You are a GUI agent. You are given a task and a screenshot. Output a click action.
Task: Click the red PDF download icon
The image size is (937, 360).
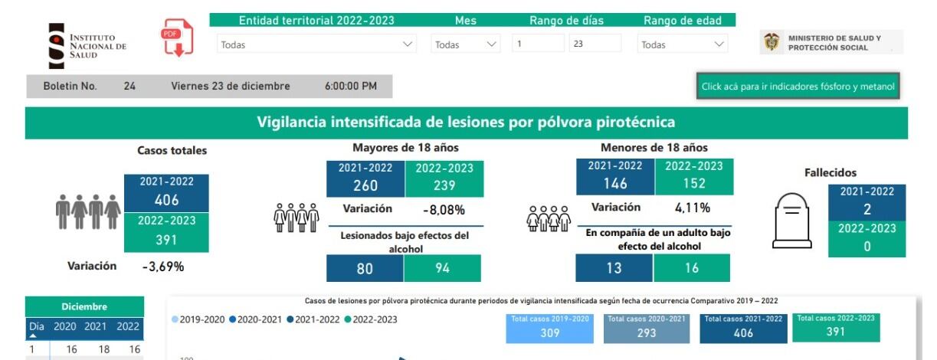click(177, 38)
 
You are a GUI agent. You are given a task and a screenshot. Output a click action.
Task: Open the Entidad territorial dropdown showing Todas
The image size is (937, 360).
click(316, 44)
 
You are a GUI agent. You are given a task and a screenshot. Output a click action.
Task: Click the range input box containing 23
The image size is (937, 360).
click(595, 44)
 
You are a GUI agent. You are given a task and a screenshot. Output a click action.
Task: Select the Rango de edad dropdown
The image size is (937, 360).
click(682, 44)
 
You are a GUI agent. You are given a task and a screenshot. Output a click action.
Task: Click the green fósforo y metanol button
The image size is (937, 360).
click(798, 87)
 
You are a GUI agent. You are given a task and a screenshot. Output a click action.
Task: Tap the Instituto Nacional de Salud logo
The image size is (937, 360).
click(87, 46)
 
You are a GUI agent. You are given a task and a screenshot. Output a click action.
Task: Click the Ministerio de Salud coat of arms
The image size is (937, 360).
click(771, 42)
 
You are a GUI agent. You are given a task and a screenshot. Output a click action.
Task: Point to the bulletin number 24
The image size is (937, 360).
click(129, 87)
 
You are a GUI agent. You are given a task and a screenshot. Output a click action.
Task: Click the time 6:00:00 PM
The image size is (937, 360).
click(350, 87)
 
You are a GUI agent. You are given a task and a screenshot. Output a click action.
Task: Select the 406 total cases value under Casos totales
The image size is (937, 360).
click(166, 200)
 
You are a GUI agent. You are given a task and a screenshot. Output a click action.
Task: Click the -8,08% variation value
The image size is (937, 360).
click(444, 209)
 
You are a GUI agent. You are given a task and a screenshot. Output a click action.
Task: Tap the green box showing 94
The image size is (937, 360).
click(442, 269)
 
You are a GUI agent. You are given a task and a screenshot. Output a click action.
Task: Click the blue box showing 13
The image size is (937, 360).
click(614, 269)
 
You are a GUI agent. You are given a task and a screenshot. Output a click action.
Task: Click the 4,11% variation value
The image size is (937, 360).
click(692, 208)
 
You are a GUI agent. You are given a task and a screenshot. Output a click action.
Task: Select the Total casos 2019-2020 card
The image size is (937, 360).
click(549, 328)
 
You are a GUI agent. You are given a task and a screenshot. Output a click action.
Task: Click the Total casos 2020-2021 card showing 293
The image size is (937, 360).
click(646, 328)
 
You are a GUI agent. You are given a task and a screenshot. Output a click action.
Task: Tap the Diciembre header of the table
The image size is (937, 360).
click(84, 306)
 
